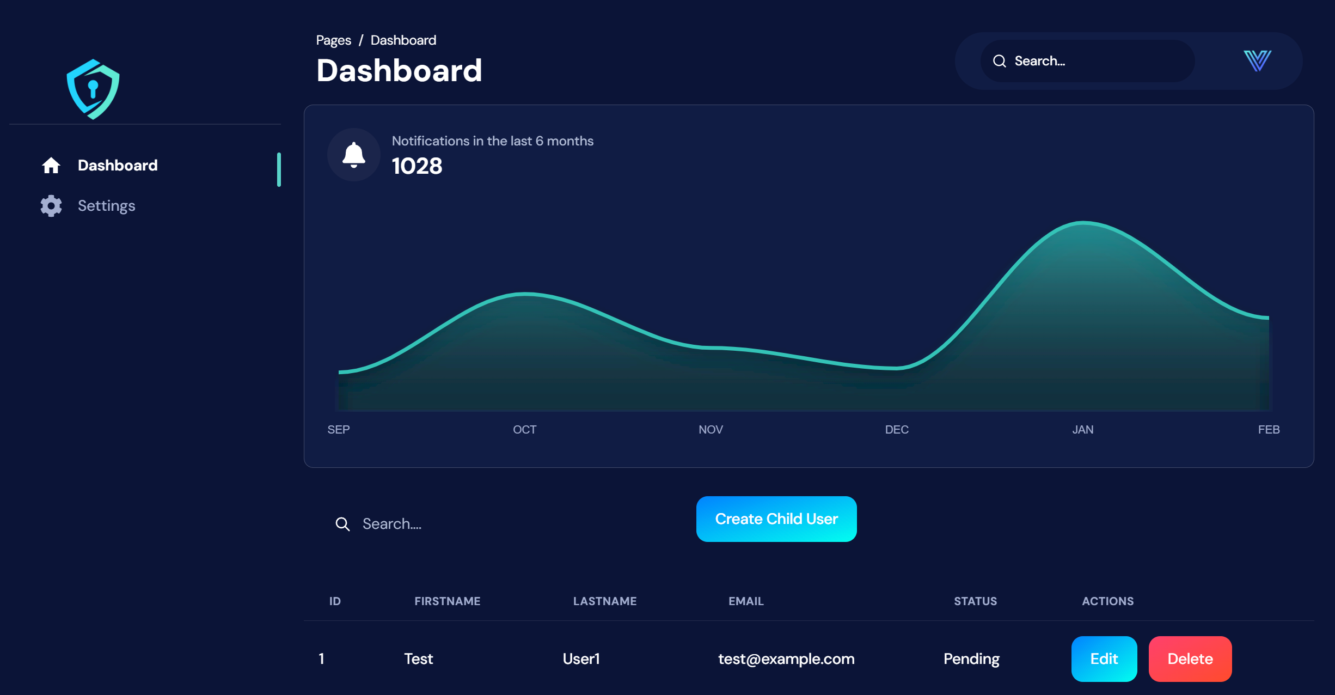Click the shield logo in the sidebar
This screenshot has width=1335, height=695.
[93, 89]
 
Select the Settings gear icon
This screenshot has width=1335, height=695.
[51, 206]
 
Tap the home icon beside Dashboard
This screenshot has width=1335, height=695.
[51, 166]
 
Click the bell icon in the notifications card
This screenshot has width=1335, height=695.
[354, 155]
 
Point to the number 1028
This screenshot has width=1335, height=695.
[417, 166]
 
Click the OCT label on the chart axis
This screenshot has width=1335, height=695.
[524, 430]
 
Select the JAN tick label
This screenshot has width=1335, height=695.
[1082, 430]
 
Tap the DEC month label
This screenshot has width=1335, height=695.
[897, 430]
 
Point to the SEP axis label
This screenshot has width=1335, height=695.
[339, 430]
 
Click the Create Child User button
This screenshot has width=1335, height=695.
[776, 519]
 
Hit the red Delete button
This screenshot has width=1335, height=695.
[1190, 659]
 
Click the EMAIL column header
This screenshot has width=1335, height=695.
[746, 601]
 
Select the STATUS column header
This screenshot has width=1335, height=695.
[975, 601]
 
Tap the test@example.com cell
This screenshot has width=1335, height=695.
[786, 659]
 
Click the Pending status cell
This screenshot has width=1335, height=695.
[971, 659]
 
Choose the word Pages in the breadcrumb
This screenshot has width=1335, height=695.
[333, 40]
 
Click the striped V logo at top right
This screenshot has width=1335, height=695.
[1257, 60]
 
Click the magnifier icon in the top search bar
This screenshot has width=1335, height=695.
[1000, 61]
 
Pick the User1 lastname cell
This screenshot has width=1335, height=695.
[581, 659]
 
